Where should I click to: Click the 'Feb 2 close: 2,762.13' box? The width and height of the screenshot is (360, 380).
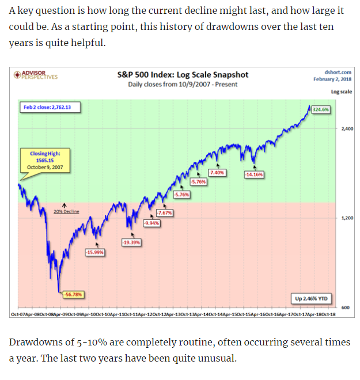pos(50,107)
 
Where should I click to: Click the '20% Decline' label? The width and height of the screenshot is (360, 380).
pos(66,211)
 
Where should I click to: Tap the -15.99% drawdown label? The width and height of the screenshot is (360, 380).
pos(94,252)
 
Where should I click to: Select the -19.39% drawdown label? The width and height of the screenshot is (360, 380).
pos(132,242)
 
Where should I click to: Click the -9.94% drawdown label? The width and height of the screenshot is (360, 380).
pos(151,223)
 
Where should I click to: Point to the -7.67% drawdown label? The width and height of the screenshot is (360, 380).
pos(164,213)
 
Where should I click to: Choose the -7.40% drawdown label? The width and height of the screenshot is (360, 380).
pos(218,172)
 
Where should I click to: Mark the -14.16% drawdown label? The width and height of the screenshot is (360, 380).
pos(253,174)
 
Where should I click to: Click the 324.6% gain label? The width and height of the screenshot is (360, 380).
pos(320,109)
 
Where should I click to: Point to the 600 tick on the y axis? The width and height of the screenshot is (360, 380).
pos(345,307)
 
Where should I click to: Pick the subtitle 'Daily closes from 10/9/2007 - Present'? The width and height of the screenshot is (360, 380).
pos(182,85)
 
